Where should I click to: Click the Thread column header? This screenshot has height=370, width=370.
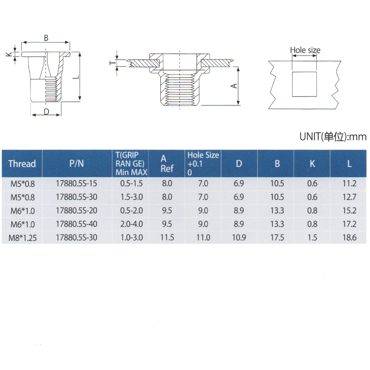click(22, 164)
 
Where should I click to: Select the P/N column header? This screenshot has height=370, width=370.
click(76, 163)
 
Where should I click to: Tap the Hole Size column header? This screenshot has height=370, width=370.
click(203, 164)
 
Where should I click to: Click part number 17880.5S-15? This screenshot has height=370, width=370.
click(76, 183)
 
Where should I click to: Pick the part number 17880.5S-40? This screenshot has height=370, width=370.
click(76, 224)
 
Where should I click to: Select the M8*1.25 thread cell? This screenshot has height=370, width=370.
click(22, 238)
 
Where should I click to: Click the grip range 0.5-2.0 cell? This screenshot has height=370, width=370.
click(131, 210)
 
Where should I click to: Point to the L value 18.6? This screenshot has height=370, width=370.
click(349, 237)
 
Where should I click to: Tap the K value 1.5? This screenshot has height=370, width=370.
click(312, 237)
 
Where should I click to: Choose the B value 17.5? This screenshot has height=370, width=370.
click(277, 237)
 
